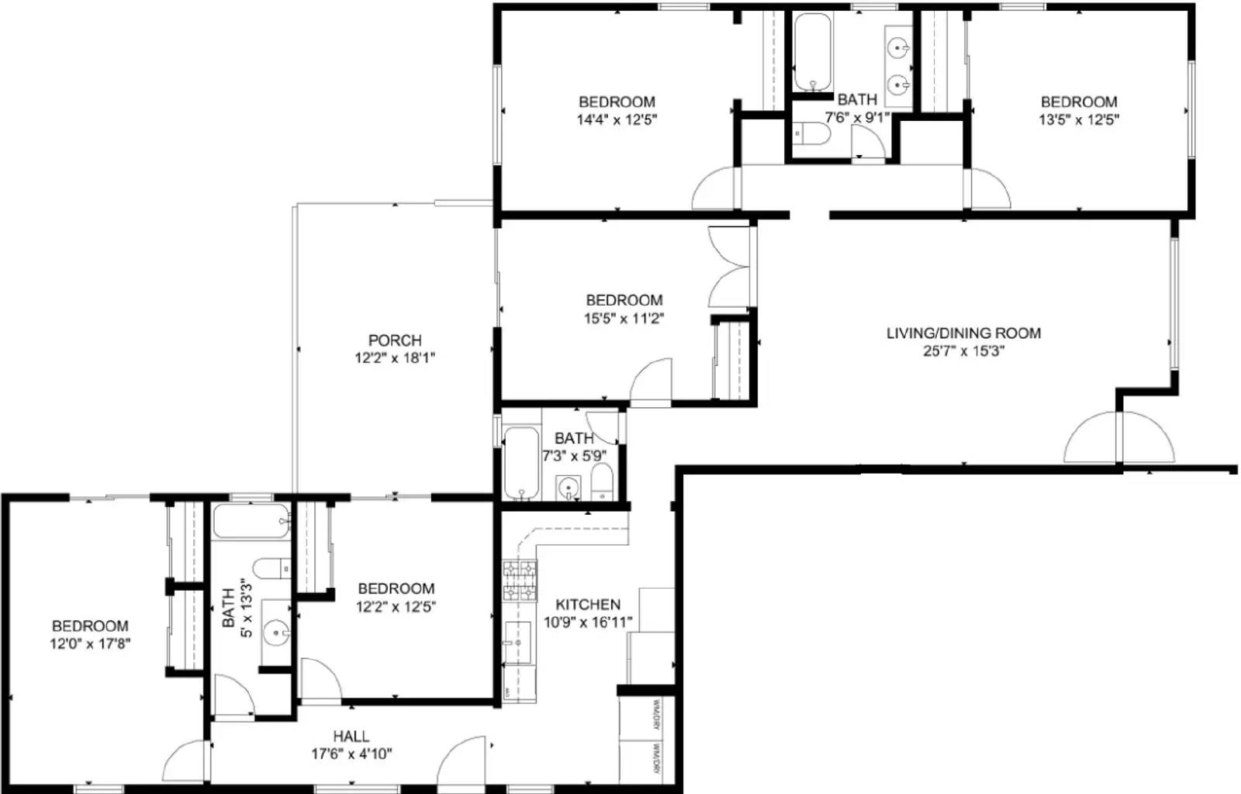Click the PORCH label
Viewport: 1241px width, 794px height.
coord(395,340)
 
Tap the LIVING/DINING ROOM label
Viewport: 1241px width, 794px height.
coord(963,333)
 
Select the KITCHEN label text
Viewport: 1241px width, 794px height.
coord(588,604)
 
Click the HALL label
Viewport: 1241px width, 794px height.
coord(351,736)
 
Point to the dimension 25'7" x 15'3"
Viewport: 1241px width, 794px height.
coord(963,351)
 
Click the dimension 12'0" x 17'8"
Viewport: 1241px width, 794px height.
coord(90,644)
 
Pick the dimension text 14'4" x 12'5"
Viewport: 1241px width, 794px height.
coord(617,119)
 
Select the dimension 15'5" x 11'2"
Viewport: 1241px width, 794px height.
coord(624,318)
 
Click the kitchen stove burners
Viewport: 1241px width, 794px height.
coord(520,582)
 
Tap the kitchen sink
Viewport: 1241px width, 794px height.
coord(517,642)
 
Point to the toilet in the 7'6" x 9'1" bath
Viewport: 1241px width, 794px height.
coord(811,135)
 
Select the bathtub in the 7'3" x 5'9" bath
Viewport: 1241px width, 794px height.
coord(520,464)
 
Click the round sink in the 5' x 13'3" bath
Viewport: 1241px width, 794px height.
coord(276,633)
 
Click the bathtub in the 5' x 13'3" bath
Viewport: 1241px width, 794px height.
coord(250,521)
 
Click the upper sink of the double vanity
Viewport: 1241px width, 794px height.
coord(898,47)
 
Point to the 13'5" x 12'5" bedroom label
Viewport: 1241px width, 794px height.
coord(1078,102)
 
